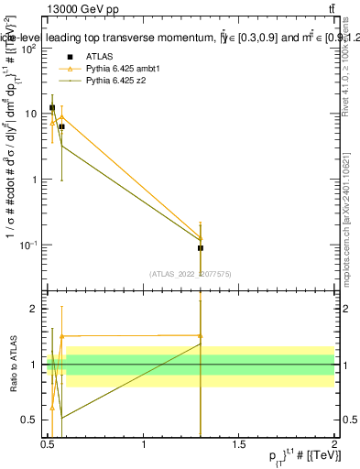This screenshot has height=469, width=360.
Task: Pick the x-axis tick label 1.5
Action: [239, 444]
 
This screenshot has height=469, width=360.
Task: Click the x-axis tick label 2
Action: [334, 444]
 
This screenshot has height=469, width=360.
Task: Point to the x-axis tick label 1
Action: [144, 444]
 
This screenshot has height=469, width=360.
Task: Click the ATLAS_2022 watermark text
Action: [191, 273]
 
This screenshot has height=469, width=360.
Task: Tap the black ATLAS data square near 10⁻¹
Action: [200, 248]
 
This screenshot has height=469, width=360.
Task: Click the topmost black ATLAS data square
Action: [52, 108]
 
